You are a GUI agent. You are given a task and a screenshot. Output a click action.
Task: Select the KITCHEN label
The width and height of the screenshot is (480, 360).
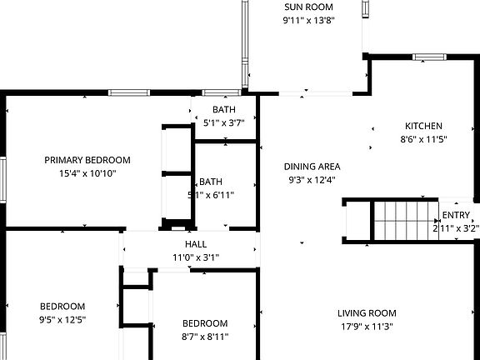coord(417,126)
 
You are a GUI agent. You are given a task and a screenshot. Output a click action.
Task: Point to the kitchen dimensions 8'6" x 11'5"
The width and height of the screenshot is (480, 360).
coord(417,139)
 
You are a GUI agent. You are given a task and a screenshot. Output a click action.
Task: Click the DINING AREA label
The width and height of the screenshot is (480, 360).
coord(312,166)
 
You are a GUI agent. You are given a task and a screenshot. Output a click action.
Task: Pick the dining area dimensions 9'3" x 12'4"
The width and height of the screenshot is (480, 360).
coord(312,179)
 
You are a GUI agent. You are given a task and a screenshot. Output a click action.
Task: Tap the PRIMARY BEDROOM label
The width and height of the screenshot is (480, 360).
coord(87,160)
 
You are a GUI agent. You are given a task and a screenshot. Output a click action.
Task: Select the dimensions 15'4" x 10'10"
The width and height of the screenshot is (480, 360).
coord(87,173)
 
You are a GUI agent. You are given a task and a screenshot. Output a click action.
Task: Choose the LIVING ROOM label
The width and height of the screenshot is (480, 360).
coord(367,313)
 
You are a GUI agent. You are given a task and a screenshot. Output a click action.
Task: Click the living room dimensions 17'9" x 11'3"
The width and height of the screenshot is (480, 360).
coord(367,327)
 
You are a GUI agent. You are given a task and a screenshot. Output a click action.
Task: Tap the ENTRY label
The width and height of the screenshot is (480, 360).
coord(456,215)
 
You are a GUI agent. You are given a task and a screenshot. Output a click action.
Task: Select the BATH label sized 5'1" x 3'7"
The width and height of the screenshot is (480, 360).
coord(223,109)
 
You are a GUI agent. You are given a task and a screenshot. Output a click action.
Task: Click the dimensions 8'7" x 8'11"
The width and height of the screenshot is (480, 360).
coord(205,337)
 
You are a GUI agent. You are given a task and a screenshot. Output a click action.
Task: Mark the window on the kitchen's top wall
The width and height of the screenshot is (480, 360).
coord(430,57)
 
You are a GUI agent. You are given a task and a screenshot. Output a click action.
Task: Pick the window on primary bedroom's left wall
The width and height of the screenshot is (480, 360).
coord(3,178)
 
